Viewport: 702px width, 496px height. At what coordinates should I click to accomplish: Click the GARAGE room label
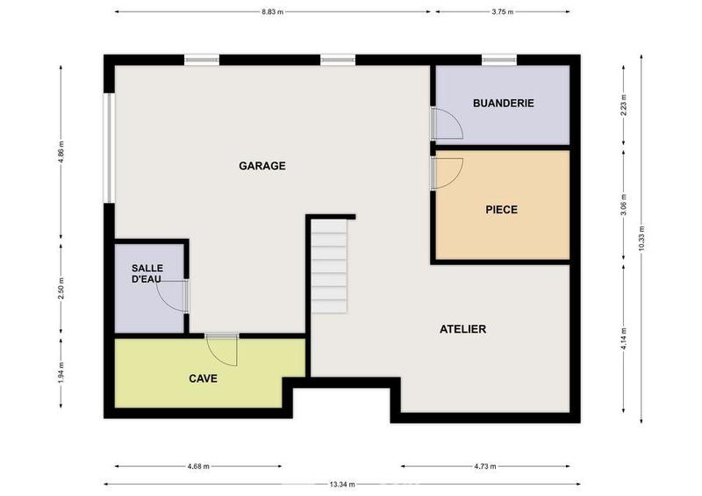click(262, 165)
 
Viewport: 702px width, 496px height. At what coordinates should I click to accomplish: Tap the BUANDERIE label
click(503, 103)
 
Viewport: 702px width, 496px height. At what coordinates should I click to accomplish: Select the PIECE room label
click(501, 209)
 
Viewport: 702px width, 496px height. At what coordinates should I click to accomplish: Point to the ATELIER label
click(462, 329)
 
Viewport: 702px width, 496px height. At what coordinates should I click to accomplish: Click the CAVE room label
click(203, 379)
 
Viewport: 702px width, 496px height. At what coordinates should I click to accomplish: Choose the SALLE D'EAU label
click(147, 273)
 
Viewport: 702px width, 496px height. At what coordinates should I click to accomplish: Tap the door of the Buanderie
click(447, 125)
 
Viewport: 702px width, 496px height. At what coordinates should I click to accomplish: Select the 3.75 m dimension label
click(501, 12)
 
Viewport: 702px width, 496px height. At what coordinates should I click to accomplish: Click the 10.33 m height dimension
click(642, 237)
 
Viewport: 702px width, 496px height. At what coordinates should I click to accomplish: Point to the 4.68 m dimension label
click(198, 466)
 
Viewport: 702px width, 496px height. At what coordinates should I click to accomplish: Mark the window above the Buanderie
click(498, 60)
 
